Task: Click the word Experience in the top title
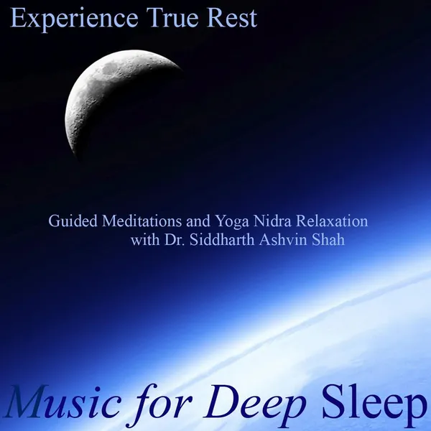74,19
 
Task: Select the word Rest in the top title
232,17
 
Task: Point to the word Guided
73,221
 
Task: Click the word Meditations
142,221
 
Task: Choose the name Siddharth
222,239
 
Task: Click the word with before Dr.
145,239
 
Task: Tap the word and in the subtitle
198,221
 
